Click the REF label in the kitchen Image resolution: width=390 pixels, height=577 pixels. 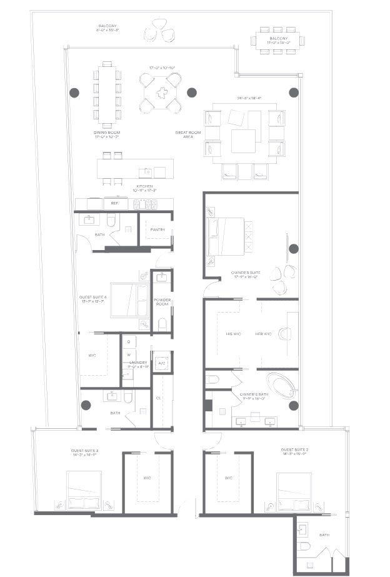point(114,203)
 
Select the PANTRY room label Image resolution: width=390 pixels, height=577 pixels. point(157,229)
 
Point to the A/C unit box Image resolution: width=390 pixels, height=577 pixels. point(162,363)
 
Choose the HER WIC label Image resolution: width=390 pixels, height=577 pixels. point(263,334)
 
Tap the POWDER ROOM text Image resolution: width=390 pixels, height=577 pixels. point(162,303)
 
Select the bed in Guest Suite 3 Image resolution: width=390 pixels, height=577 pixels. point(84,491)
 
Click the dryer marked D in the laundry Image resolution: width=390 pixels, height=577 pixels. point(128,342)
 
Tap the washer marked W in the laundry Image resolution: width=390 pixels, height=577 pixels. point(128,354)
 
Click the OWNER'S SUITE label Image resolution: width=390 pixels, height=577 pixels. point(245,273)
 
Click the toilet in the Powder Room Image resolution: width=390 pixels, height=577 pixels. point(162,323)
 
